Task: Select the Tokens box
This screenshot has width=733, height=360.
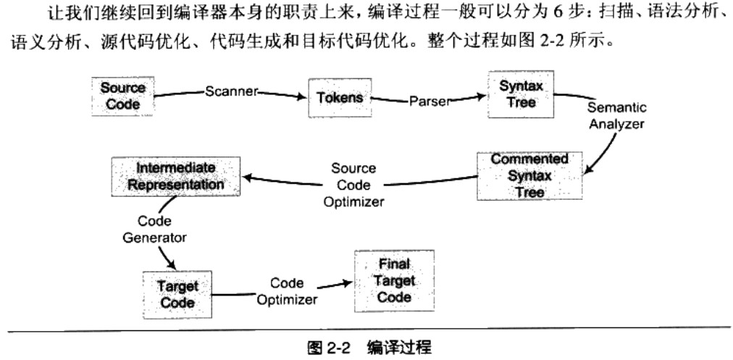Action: point(340,98)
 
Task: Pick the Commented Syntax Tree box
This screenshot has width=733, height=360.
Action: point(529,175)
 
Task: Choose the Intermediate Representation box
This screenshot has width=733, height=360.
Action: point(176,176)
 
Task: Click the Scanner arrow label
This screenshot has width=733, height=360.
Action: point(230,92)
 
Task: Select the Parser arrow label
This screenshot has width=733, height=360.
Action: point(430,101)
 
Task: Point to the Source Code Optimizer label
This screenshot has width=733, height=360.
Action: point(353,185)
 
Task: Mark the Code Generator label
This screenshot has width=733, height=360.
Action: point(154,229)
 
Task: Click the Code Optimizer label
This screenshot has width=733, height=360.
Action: point(287,291)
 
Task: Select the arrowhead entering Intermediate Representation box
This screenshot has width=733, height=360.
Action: point(246,177)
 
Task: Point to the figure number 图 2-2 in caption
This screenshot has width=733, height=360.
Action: point(329,348)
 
